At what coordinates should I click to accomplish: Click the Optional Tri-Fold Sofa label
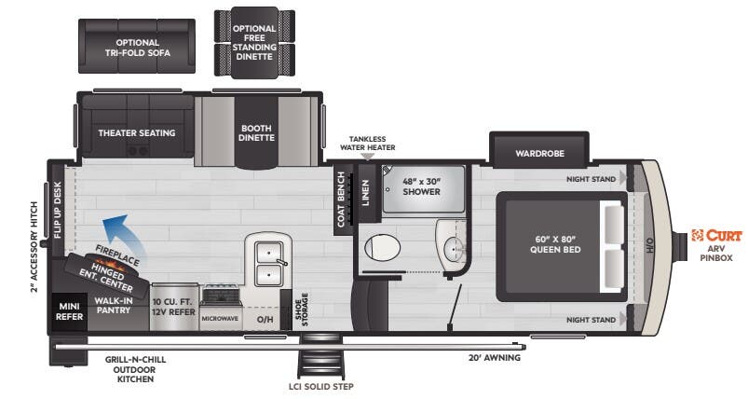tap(137, 48)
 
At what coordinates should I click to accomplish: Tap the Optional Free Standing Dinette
tap(254, 43)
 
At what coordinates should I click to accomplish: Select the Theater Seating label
tap(137, 132)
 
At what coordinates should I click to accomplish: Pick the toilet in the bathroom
tap(381, 249)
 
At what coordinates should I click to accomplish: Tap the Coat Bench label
tap(342, 199)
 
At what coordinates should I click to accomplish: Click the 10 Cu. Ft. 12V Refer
tap(173, 306)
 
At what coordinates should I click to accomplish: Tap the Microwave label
tap(220, 317)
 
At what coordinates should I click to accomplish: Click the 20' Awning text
tap(494, 357)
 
